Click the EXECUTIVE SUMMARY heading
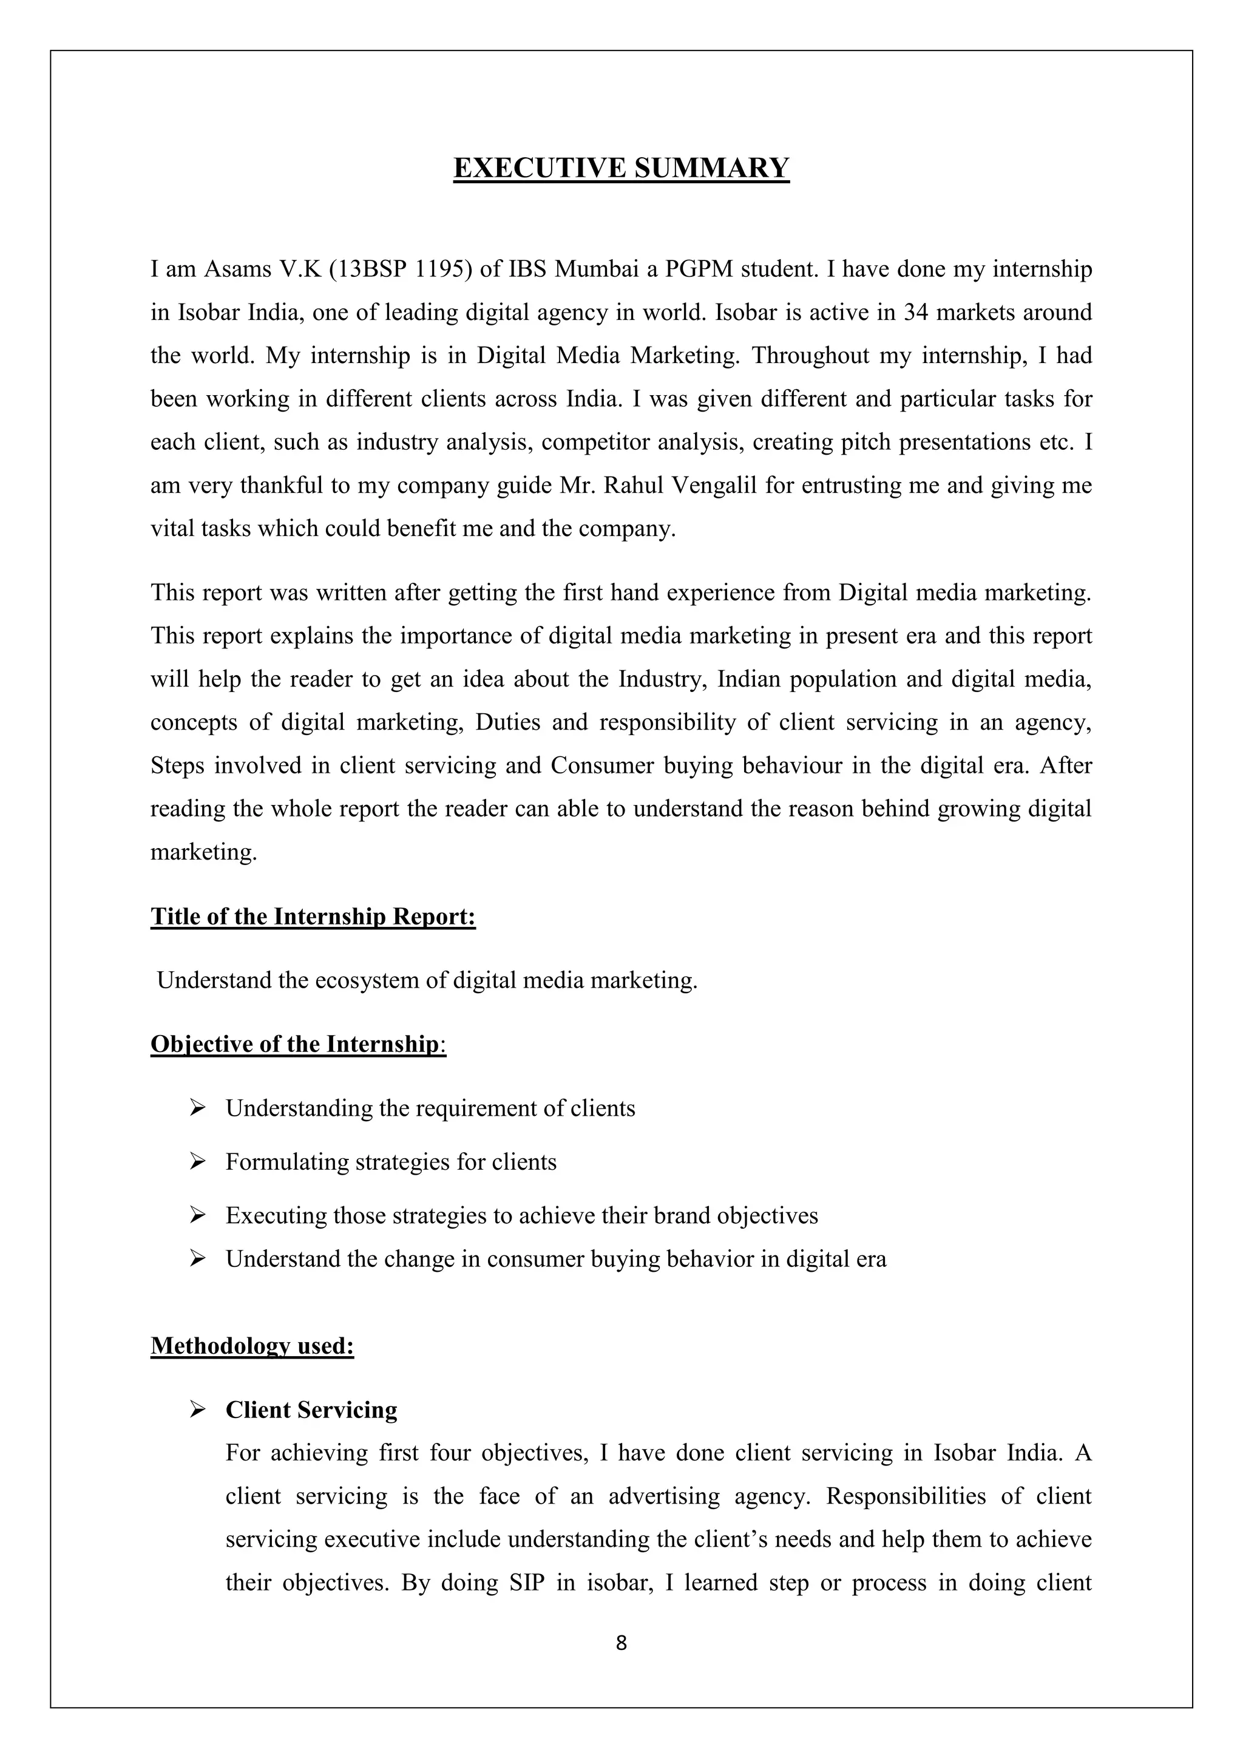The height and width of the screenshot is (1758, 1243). [x=621, y=168]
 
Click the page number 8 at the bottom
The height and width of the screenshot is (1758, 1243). [x=621, y=1643]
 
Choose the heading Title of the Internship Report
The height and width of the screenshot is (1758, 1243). [x=313, y=917]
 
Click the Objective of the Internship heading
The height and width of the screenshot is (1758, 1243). [x=298, y=1044]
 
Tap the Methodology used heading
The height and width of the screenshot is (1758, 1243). [x=252, y=1346]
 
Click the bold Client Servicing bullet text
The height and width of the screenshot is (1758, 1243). [x=311, y=1410]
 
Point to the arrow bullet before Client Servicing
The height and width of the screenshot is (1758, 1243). [x=197, y=1410]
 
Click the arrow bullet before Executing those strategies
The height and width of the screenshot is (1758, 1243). [x=197, y=1216]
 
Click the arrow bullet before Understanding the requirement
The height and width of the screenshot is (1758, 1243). [x=197, y=1108]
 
